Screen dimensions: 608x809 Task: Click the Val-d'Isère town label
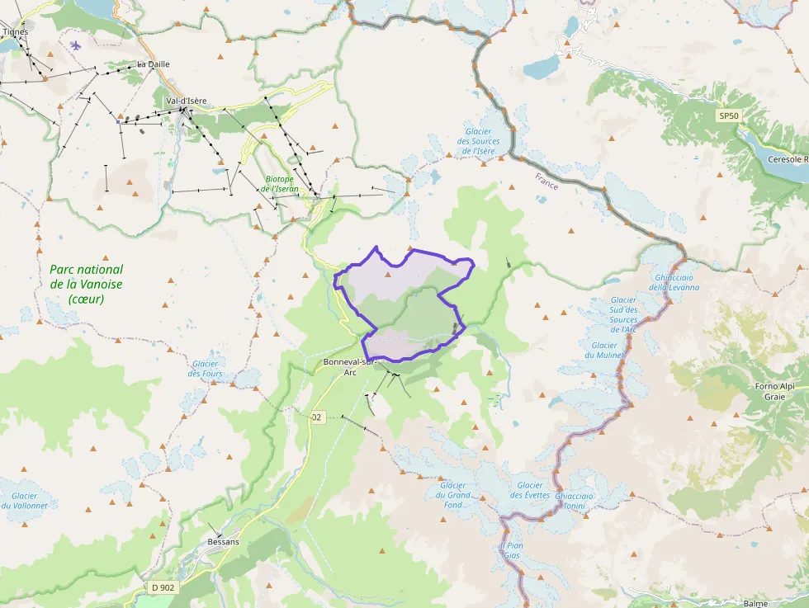click(186, 101)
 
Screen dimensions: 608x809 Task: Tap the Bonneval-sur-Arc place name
click(350, 367)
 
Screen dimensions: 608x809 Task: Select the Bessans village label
click(223, 541)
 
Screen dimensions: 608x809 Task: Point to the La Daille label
click(153, 64)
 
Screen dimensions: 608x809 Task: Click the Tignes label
click(16, 32)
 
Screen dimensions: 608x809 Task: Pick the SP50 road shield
click(727, 116)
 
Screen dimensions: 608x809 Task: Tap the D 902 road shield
click(163, 587)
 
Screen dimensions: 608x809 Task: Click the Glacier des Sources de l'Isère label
click(478, 141)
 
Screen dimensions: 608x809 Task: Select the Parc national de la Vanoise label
click(86, 284)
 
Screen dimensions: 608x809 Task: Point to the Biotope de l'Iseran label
click(280, 184)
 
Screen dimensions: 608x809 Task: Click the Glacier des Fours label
click(206, 369)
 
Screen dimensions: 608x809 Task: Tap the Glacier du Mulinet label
click(604, 350)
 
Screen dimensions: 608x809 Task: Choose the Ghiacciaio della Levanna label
click(674, 282)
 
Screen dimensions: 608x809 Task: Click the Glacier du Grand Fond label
click(453, 495)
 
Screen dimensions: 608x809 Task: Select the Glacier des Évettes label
click(530, 490)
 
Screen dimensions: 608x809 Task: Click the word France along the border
click(546, 181)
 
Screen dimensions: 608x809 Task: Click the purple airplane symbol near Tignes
click(76, 45)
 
